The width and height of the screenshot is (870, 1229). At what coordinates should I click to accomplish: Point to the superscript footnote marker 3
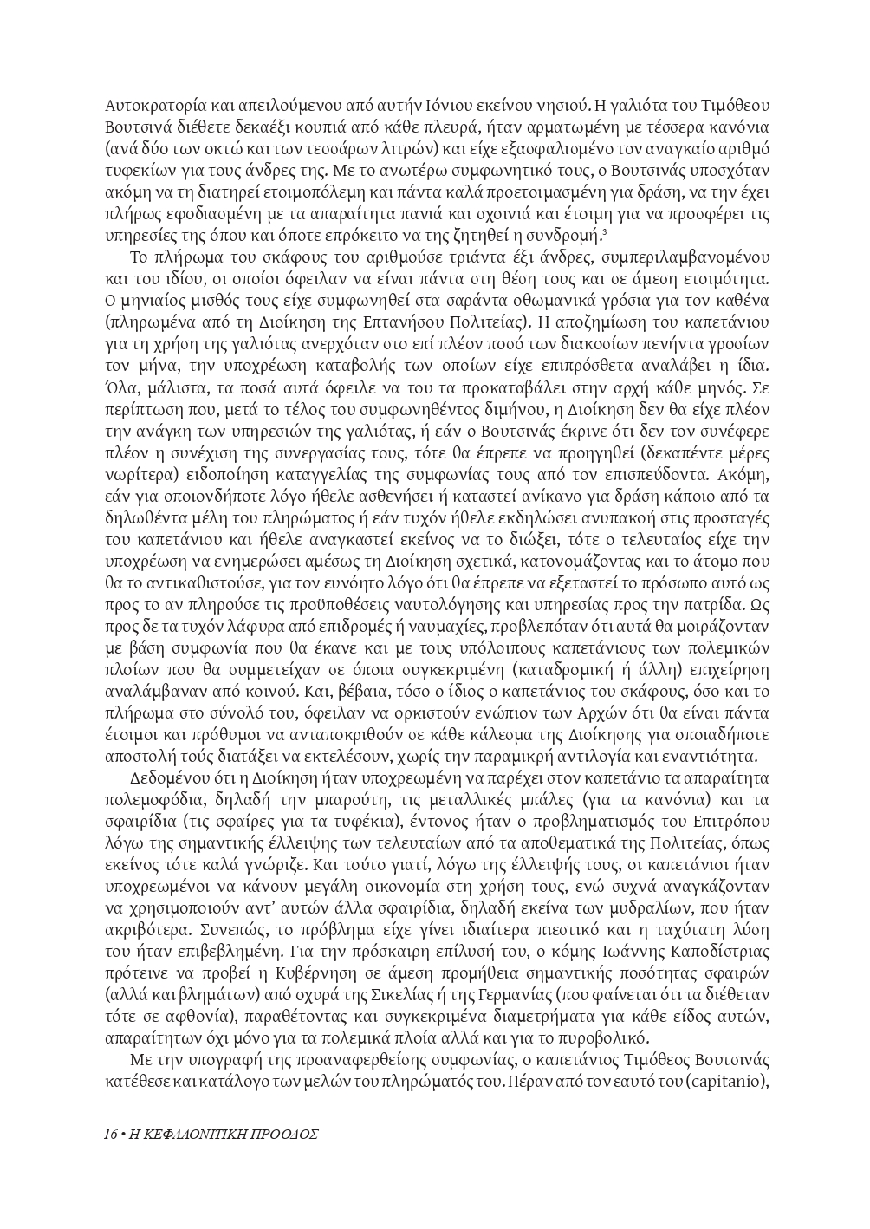click(604, 231)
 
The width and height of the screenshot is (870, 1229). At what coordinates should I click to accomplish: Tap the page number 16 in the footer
click(110, 1133)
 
